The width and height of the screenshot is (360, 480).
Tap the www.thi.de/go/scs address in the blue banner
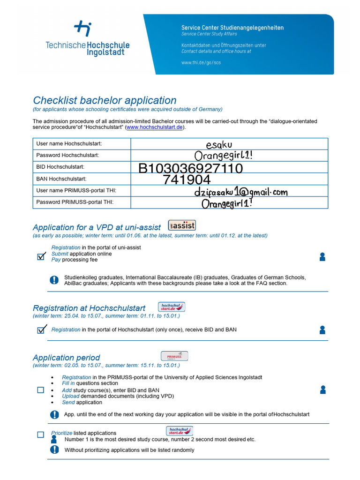[201, 62]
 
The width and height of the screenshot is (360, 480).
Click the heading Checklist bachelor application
[105, 100]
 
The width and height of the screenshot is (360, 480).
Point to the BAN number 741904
[187, 180]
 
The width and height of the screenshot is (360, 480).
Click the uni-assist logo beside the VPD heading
[181, 225]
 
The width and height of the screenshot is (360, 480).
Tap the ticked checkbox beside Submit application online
[41, 256]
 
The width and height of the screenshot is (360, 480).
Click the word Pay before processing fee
[56, 260]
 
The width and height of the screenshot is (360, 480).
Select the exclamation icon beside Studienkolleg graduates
[54, 280]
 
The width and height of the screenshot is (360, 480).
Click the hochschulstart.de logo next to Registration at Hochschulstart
[172, 307]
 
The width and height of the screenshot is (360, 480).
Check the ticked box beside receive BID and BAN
[41, 330]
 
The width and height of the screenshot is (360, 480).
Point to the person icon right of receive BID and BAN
[322, 330]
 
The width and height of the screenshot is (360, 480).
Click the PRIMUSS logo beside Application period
[174, 356]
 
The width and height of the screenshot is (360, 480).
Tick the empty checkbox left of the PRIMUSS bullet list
[41, 390]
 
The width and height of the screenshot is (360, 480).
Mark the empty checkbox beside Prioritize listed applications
[41, 435]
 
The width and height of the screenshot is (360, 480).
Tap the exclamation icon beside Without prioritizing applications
[54, 450]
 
